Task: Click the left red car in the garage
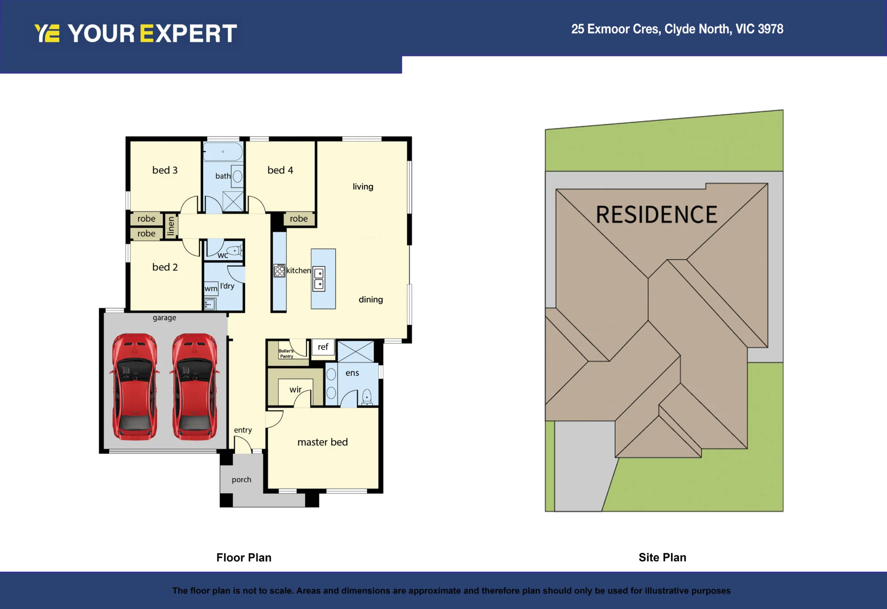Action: tap(134, 386)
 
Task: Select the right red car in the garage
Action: tap(195, 386)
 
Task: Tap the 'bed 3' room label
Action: tap(165, 170)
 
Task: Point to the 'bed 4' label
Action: tap(280, 170)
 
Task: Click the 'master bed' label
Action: tap(322, 442)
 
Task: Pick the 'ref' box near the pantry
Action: tap(323, 347)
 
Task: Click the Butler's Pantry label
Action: tap(286, 354)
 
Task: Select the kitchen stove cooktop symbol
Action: tap(279, 271)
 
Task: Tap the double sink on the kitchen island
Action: tap(319, 279)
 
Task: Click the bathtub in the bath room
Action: tap(223, 152)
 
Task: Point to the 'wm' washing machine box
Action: tap(211, 288)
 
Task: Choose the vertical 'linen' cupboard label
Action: tap(171, 226)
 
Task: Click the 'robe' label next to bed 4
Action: tap(299, 219)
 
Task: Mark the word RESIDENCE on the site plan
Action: tap(656, 215)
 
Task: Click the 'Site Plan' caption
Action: tap(662, 558)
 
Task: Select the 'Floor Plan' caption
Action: tap(244, 558)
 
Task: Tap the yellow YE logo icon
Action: tap(47, 33)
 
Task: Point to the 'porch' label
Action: tap(241, 479)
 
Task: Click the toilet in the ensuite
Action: tap(367, 397)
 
